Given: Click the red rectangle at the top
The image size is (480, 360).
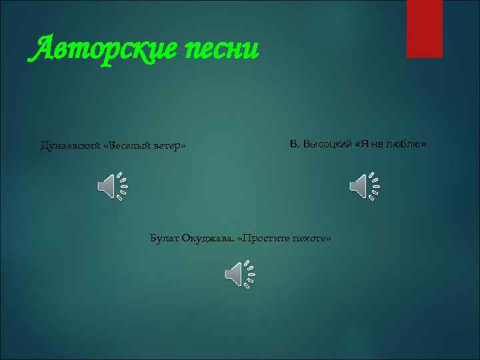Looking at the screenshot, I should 424,28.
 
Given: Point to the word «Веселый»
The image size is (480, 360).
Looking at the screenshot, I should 128,145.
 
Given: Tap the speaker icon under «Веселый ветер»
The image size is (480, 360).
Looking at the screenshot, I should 112,185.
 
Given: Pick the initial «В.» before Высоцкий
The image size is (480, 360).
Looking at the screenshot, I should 295,144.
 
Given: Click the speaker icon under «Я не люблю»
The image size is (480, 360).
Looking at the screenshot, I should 364,185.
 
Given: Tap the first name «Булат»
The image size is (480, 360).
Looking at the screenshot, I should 164,238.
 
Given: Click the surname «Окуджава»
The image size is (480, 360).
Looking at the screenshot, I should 207,238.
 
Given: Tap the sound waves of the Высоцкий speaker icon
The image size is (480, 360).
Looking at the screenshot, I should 374,185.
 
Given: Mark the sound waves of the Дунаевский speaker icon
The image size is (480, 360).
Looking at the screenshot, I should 122,185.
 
